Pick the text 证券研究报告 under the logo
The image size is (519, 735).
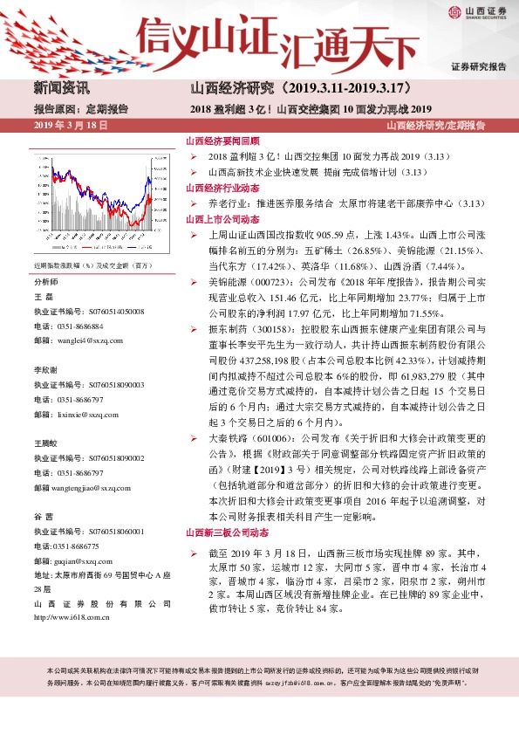pyautogui.click(x=479, y=67)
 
